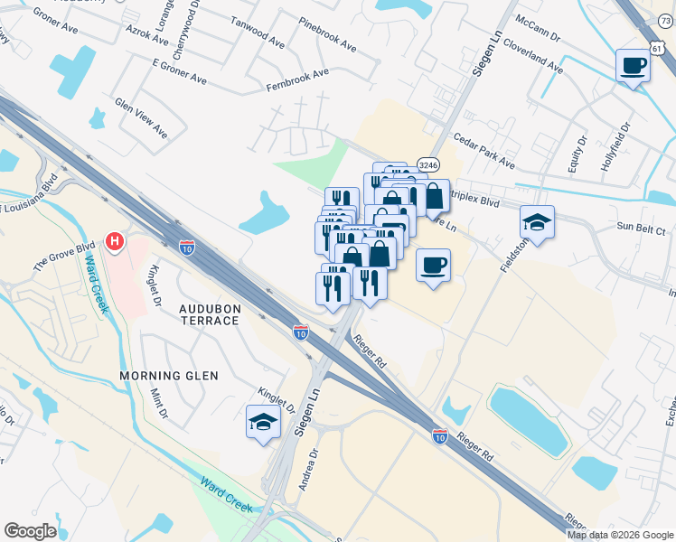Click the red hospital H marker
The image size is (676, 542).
pos(115,241)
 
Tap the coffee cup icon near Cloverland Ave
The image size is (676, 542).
pos(633,65)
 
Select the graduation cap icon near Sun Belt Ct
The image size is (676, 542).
pos(538,222)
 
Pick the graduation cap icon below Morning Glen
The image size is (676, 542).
pos(263,422)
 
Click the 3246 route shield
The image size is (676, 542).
pos(428,164)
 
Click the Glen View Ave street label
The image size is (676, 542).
pos(141,118)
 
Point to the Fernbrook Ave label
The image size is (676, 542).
pos(297,79)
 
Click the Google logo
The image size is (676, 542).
pos(30,530)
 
